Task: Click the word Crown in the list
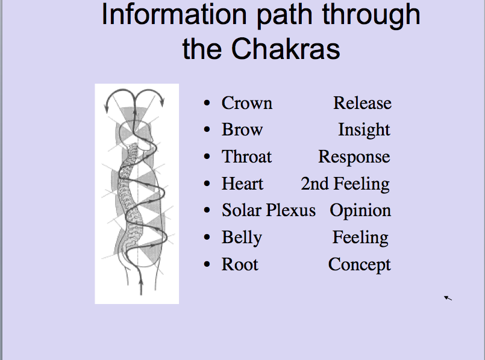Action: click(x=247, y=103)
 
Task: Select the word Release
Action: click(x=362, y=103)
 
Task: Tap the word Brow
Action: click(x=242, y=129)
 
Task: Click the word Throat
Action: click(x=246, y=157)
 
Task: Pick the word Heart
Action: click(x=242, y=184)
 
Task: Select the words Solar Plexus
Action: click(x=269, y=211)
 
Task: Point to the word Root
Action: click(x=240, y=265)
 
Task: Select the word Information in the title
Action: click(x=174, y=14)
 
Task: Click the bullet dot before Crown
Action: click(x=207, y=103)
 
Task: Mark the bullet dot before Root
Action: click(x=207, y=265)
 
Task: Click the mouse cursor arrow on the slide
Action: click(x=448, y=298)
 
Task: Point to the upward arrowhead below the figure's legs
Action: click(x=142, y=282)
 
